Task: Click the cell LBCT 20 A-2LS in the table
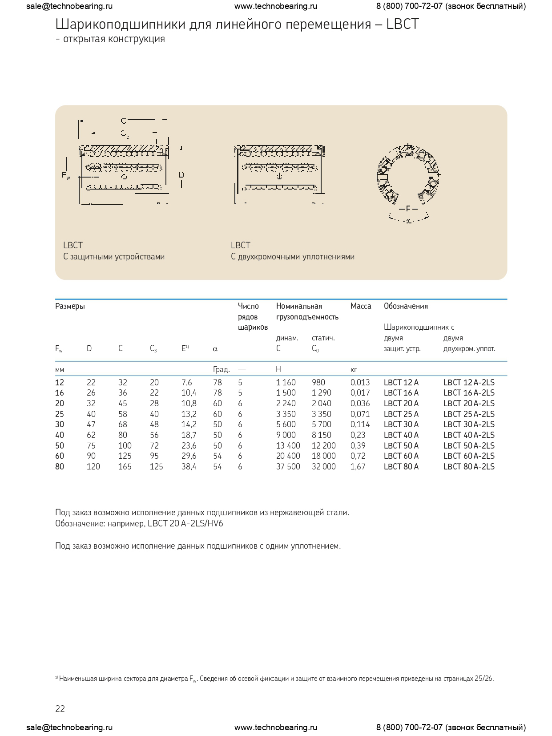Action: click(x=469, y=403)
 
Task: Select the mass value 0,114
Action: click(x=360, y=424)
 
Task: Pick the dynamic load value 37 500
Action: click(x=288, y=466)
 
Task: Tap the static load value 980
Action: click(x=318, y=382)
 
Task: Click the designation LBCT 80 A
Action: click(x=401, y=466)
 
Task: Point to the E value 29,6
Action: click(x=189, y=456)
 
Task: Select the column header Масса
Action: click(x=361, y=306)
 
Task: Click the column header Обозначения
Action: click(x=406, y=306)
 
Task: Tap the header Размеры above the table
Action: click(x=70, y=306)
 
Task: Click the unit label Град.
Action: click(x=222, y=369)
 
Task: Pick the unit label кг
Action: click(x=354, y=369)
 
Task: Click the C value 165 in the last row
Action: click(x=125, y=466)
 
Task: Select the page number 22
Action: click(x=60, y=709)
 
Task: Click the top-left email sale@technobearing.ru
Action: click(x=69, y=6)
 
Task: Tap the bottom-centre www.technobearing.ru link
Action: click(x=276, y=728)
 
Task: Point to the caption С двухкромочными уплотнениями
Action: click(x=293, y=257)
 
